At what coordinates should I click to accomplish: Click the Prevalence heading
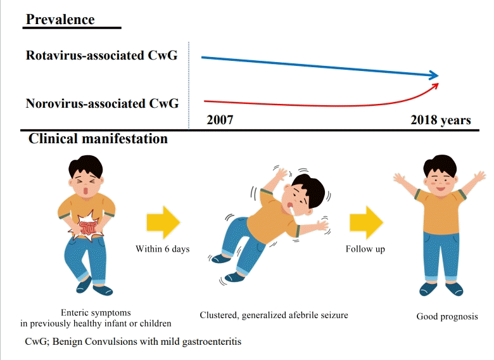pos(60,19)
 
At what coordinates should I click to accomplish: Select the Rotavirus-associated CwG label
pos(101,55)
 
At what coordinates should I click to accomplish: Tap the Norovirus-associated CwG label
pos(102,103)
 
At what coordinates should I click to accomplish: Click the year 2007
pos(220,120)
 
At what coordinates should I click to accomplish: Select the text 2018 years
pos(440,120)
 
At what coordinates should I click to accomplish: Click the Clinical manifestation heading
pos(98,138)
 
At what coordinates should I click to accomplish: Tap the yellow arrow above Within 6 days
pos(163,222)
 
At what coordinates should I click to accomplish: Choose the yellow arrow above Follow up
pos(366,222)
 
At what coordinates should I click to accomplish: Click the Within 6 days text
pos(163,249)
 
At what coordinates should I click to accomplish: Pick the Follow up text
pos(365,249)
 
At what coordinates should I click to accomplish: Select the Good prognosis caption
pos(447,316)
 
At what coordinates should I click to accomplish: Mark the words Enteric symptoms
pos(96,312)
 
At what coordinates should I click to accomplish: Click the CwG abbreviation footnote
pos(133,342)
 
